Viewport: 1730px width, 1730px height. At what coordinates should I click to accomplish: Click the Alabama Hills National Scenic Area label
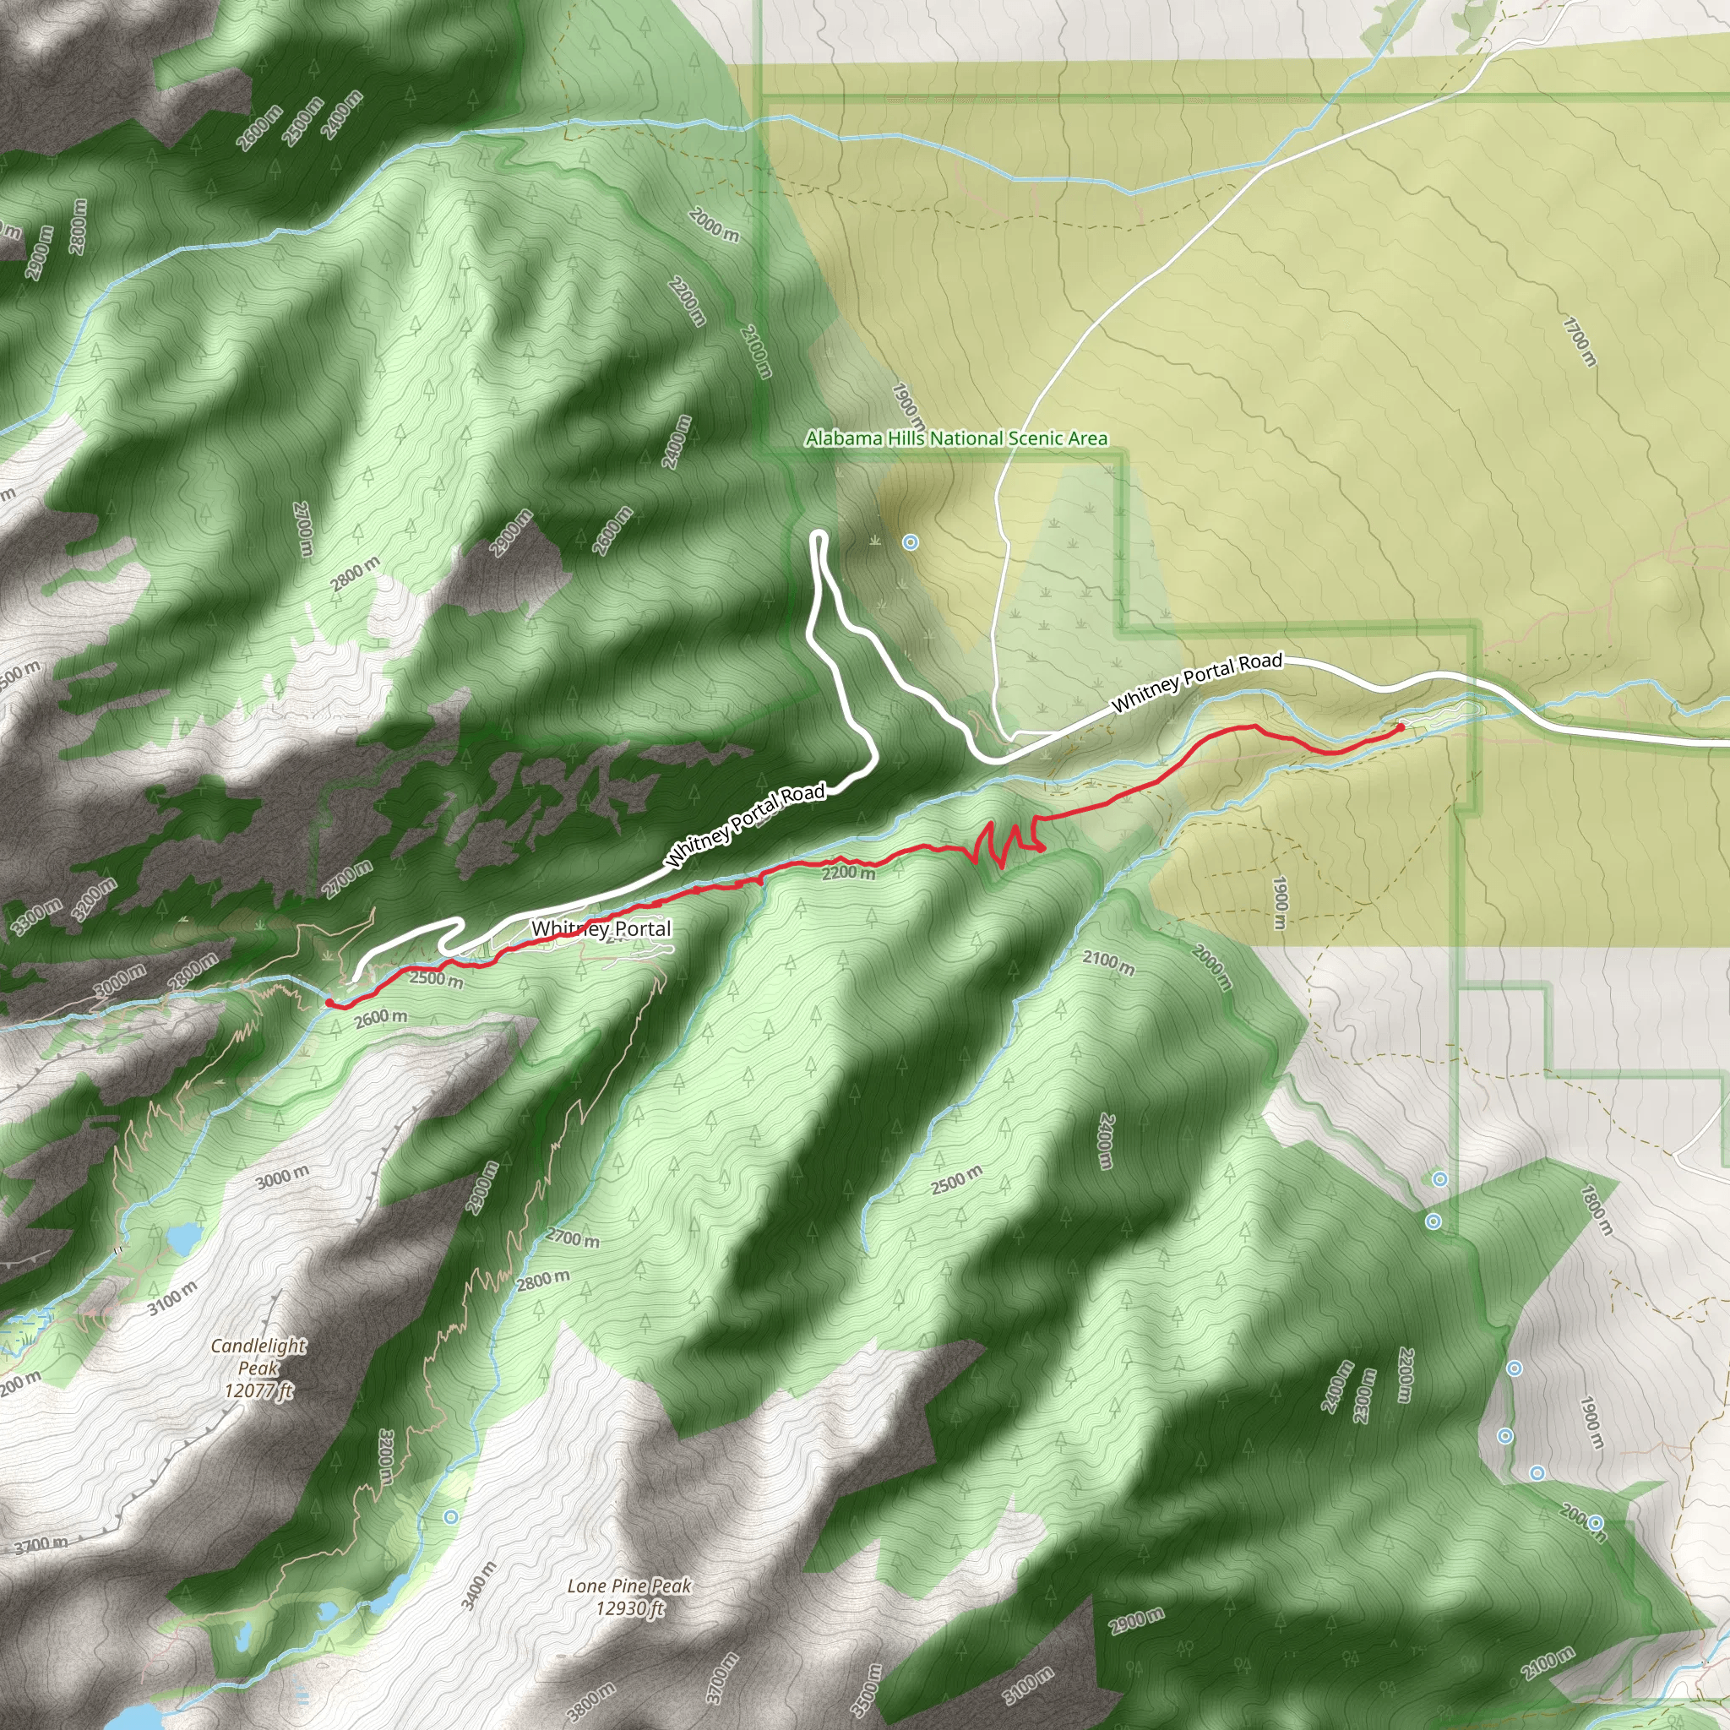[x=955, y=438]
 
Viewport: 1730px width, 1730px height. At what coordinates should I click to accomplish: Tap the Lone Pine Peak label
[x=629, y=1597]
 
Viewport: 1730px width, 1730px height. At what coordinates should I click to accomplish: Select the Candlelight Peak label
[x=258, y=1368]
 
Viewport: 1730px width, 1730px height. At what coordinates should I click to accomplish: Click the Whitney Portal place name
[x=601, y=928]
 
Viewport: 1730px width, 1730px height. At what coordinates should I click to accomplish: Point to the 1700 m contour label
[x=1580, y=341]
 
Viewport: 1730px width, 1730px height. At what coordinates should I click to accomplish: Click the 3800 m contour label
[x=591, y=1702]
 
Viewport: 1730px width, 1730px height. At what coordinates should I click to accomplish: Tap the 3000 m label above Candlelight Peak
[x=282, y=1177]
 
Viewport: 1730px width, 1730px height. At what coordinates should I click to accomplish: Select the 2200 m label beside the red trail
[x=848, y=872]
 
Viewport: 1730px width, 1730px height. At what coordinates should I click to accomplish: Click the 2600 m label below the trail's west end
[x=381, y=1017]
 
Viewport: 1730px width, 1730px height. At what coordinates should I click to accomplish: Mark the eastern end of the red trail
[x=1401, y=727]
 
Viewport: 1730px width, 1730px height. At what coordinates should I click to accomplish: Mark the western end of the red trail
[x=329, y=1003]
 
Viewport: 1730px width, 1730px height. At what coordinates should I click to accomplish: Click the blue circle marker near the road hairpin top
[x=911, y=541]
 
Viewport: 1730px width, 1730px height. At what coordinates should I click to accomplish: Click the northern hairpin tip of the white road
[x=819, y=536]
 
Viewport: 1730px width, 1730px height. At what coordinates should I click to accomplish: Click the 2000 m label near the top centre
[x=714, y=225]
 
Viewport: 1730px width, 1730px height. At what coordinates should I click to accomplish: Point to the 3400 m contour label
[x=479, y=1586]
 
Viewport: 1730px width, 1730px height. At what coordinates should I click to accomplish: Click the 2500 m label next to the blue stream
[x=956, y=1180]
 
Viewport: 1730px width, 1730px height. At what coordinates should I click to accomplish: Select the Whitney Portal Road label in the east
[x=1196, y=682]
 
